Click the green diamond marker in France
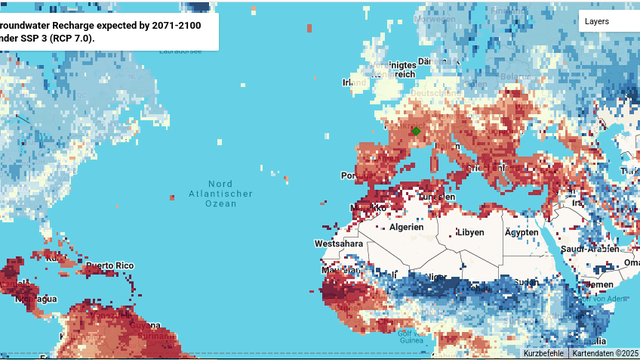tap(416, 131)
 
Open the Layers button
tap(597, 20)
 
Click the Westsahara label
tap(336, 243)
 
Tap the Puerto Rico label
tap(108, 265)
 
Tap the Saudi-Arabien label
tap(591, 248)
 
